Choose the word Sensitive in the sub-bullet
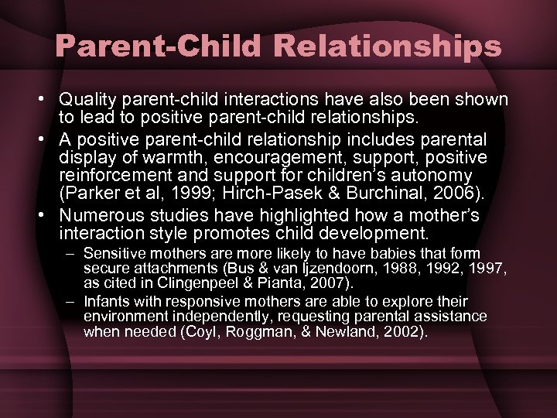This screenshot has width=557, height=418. [113, 253]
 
